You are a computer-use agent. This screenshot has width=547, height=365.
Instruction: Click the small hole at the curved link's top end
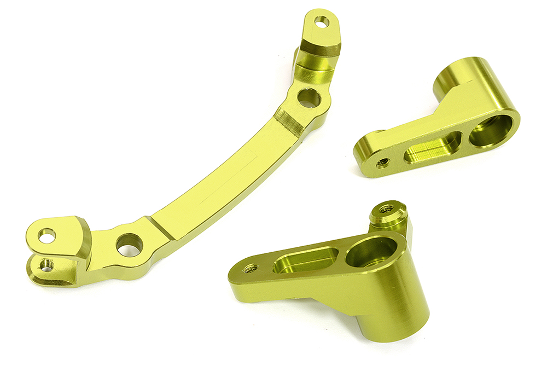(322, 22)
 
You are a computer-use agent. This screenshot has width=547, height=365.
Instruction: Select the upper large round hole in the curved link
(309, 98)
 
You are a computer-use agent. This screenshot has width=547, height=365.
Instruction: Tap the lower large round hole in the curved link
(130, 244)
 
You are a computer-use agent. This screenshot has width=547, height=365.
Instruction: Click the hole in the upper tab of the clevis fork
(47, 236)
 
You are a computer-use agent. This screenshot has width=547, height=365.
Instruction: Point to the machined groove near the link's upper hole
(289, 122)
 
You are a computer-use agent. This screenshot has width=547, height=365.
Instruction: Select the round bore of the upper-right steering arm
(491, 130)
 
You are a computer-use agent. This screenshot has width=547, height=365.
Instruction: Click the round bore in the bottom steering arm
(372, 253)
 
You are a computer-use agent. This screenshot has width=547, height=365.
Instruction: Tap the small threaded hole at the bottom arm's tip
(251, 268)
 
